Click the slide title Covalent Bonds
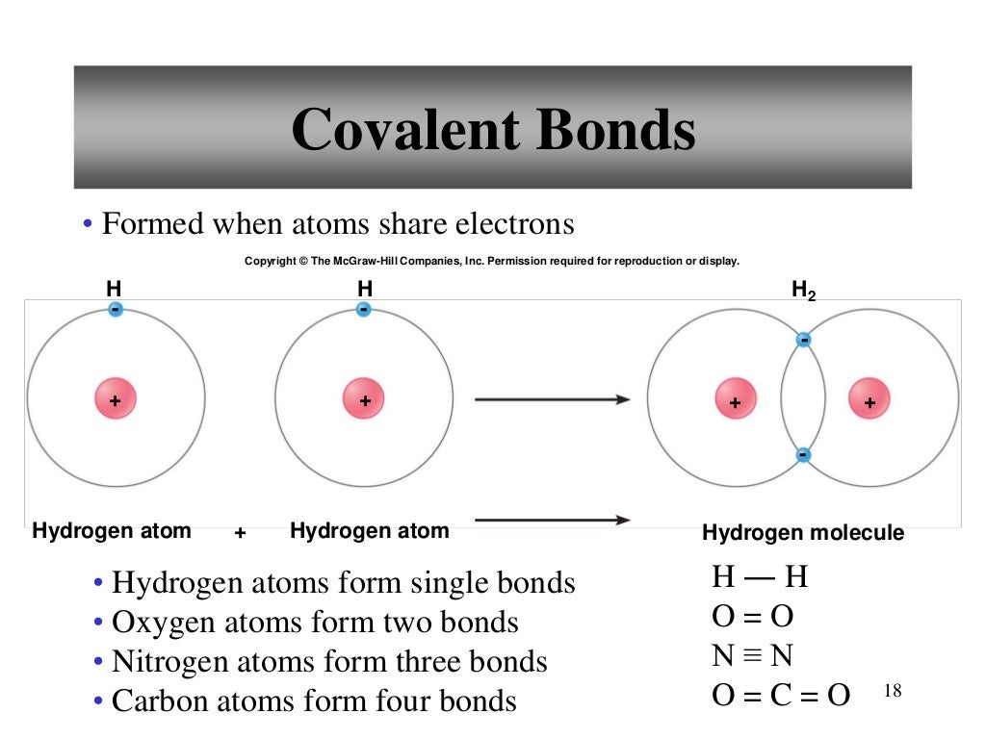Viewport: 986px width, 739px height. (493, 129)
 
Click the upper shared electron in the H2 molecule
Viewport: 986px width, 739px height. (803, 340)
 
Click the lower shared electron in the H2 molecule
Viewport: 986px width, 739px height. (803, 455)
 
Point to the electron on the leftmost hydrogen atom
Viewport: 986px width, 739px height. (116, 310)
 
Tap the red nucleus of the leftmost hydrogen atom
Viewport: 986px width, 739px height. (116, 399)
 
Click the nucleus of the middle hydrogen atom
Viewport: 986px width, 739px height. (364, 399)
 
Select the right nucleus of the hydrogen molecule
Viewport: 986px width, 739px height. (869, 400)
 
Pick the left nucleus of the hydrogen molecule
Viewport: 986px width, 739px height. (735, 400)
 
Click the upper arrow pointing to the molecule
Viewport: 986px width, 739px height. (553, 399)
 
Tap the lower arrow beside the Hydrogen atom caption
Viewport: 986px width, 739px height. (553, 521)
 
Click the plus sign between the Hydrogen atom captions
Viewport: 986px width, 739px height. (241, 532)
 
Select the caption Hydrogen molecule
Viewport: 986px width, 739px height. (803, 533)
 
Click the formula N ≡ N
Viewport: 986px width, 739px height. (753, 656)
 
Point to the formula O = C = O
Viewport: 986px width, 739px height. (781, 695)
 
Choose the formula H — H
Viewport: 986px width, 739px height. (760, 577)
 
